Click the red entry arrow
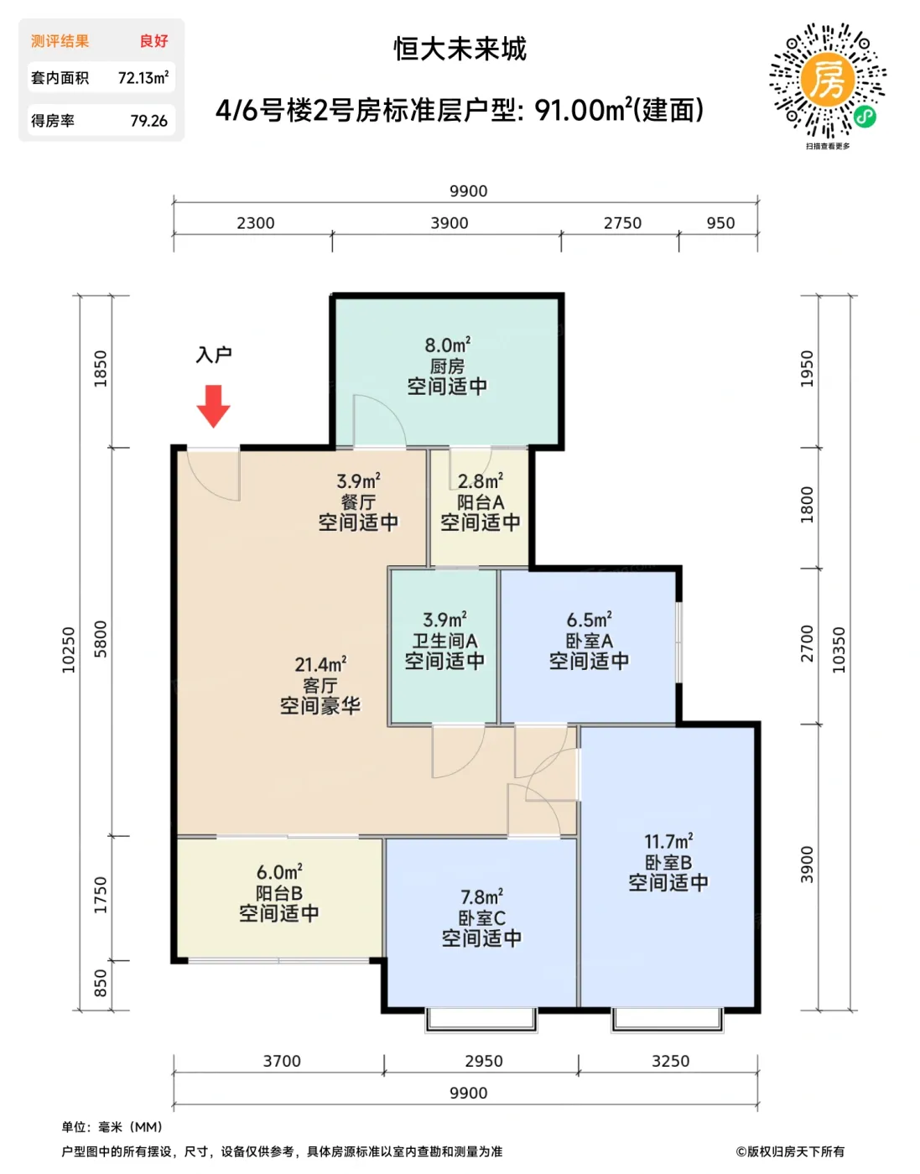pos(213,406)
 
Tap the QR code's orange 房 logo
pos(828,81)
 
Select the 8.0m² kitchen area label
pos(447,345)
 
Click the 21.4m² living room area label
pos(320,664)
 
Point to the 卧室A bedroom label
pos(589,641)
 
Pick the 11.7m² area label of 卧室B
pos(668,841)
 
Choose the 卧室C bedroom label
pos(481,918)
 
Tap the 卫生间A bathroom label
pos(444,641)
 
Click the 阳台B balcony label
pos(278,893)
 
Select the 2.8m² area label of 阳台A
pos(481,481)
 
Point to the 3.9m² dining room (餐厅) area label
pos(358,481)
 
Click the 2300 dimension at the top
pos(256,223)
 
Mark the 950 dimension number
pos(720,223)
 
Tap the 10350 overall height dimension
pos(839,650)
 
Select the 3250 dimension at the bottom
pos(670,1061)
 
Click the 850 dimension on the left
pos(101,984)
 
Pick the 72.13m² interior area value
pos(143,78)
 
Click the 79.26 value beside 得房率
pos(148,121)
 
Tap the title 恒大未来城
pos(460,49)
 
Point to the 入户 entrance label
pos(214,355)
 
